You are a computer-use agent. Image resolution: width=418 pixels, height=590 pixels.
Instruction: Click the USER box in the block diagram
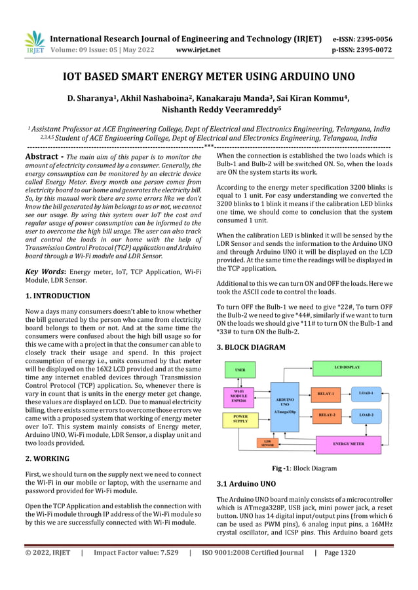coord(240,370)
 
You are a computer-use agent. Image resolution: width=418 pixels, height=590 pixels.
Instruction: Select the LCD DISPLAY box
coord(347,368)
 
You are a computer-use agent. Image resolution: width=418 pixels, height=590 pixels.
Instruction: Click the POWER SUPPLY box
coord(240,419)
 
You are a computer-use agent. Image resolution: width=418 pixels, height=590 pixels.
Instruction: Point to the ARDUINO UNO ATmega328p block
coord(284,406)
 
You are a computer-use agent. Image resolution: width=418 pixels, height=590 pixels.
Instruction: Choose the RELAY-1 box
coord(326,394)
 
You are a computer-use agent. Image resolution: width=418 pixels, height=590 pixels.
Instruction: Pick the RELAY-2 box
coord(326,415)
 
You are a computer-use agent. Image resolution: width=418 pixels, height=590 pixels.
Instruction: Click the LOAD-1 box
coord(366,394)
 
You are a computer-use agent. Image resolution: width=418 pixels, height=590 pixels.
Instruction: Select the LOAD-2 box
coord(366,415)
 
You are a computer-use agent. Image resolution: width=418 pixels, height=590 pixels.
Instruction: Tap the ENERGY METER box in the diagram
coord(348,444)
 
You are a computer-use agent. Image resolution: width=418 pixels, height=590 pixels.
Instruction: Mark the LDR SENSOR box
coord(268,444)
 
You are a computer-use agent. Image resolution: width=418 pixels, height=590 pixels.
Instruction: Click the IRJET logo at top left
coord(34,43)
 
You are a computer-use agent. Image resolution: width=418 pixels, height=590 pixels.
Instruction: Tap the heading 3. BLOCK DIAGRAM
coord(250,347)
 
